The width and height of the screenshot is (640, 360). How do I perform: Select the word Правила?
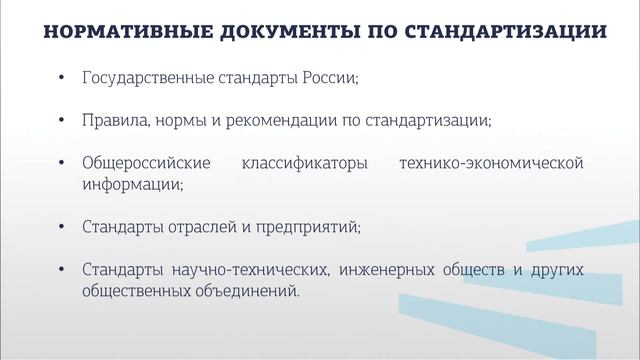114,120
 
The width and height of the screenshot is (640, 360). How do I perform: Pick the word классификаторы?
297,163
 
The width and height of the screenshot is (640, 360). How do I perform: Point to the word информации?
127,184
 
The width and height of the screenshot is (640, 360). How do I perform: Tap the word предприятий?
310,227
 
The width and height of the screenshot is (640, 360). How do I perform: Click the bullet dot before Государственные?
63,78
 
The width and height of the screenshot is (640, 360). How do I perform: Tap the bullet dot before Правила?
63,120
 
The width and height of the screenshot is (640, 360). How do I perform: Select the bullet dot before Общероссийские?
63,163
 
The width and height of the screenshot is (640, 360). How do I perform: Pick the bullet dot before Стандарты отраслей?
63,227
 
